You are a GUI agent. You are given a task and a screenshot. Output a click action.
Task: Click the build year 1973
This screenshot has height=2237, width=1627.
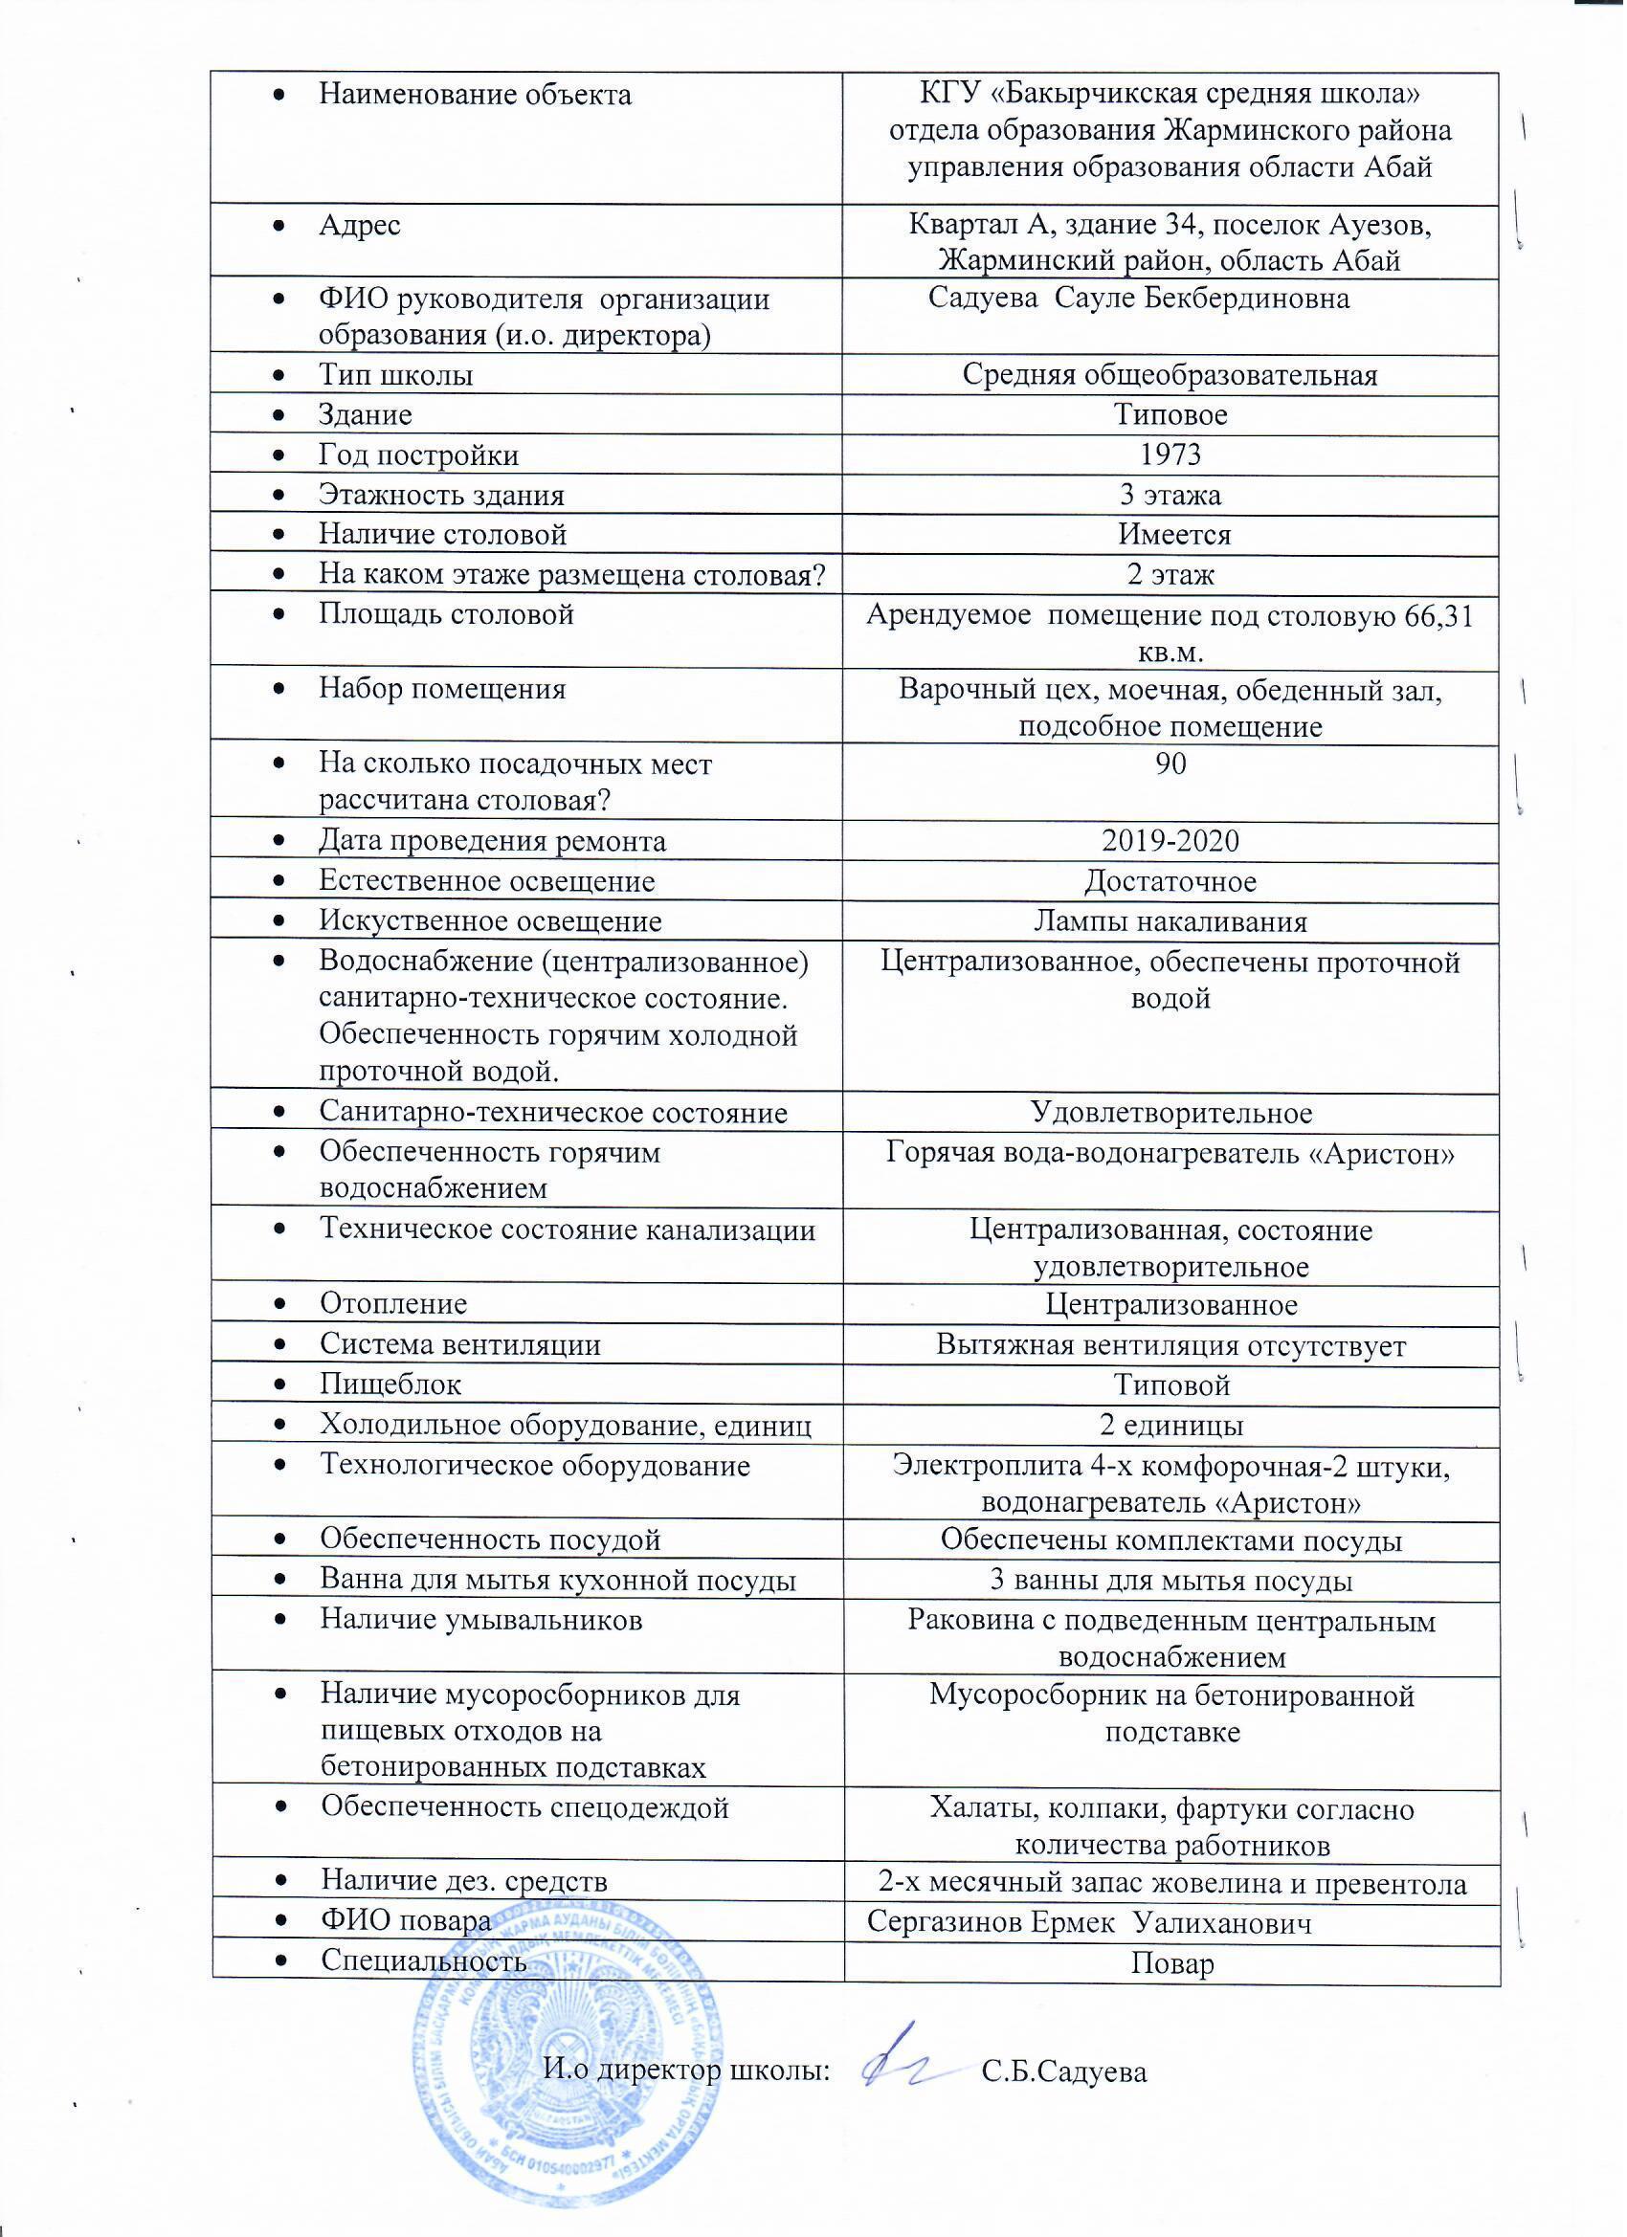pos(1170,454)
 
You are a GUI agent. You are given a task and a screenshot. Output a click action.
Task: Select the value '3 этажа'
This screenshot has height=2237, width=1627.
pos(1170,494)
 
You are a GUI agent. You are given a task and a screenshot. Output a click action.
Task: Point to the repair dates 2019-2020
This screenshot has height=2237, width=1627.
pos(1170,841)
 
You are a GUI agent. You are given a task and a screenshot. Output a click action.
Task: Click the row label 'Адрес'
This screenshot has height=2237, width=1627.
pos(359,226)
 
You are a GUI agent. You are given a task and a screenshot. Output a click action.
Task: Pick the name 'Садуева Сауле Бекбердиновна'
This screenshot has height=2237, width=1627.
pos(1139,299)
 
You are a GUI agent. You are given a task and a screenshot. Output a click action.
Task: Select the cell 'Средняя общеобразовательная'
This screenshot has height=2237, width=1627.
pos(1170,376)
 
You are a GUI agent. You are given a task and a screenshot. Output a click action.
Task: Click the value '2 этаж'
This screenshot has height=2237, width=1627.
pos(1170,574)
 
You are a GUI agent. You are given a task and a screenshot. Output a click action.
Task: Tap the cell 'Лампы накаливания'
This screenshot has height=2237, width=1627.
pos(1170,922)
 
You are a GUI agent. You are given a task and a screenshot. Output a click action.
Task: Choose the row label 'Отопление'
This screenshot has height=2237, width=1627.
pos(392,1304)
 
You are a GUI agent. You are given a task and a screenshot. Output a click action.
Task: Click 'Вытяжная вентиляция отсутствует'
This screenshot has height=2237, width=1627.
pos(1170,1345)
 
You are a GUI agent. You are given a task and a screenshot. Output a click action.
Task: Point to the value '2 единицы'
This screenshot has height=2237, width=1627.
pos(1170,1426)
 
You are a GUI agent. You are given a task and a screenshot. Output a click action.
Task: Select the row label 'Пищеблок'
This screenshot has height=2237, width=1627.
pos(390,1384)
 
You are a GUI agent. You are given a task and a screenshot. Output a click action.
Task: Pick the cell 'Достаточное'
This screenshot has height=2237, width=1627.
pos(1170,882)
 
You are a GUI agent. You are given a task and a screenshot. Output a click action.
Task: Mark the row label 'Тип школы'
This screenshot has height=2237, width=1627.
pos(395,376)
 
